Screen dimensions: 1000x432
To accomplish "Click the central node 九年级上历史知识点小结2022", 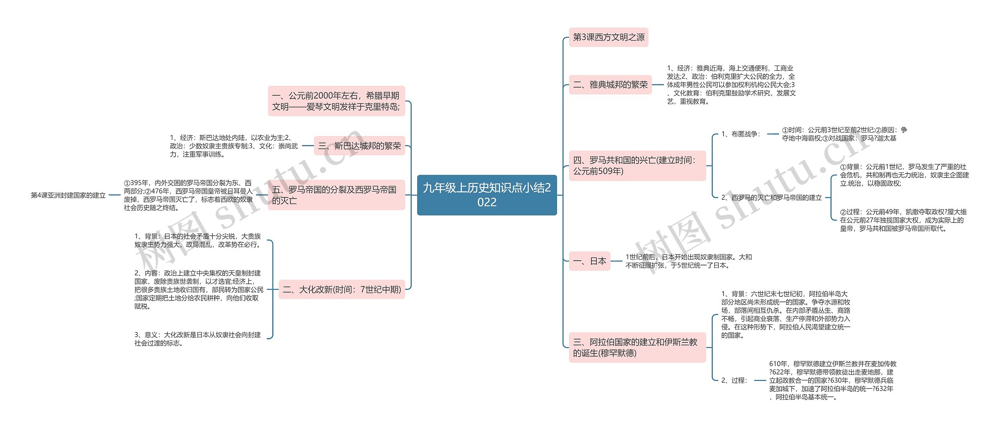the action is click(x=487, y=195).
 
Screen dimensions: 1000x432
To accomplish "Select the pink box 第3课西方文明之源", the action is click(x=608, y=38).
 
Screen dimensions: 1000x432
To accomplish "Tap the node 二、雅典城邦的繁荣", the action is click(x=610, y=85).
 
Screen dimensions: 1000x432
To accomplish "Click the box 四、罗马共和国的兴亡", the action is click(x=637, y=166).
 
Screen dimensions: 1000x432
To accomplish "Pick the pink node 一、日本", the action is click(x=589, y=261).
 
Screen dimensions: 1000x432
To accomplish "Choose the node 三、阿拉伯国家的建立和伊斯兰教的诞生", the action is click(x=637, y=348).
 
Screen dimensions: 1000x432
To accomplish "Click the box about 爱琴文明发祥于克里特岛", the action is click(x=336, y=101).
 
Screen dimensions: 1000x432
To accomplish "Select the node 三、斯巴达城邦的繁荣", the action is click(x=359, y=146).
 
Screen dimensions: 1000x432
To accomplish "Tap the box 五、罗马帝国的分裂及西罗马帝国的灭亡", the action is click(x=336, y=195).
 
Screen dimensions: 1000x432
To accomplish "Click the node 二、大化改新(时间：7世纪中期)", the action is click(x=342, y=290).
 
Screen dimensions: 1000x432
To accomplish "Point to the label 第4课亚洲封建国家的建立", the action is click(x=68, y=195).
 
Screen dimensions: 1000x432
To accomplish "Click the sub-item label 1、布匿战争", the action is click(x=741, y=134).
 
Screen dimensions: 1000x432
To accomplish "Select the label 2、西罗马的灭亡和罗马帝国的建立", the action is click(x=771, y=198).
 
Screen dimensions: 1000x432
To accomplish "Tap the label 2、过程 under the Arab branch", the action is click(x=734, y=380).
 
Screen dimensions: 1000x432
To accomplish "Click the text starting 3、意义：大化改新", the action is click(x=198, y=339).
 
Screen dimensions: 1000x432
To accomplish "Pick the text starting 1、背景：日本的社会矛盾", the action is click(x=198, y=240).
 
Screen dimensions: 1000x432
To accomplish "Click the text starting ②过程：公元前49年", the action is click(x=903, y=220).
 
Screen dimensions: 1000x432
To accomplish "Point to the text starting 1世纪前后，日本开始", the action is click(x=688, y=261).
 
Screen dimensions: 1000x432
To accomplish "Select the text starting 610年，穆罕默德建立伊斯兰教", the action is click(x=832, y=380).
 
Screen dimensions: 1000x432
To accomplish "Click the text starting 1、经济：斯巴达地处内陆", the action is click(x=234, y=146).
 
